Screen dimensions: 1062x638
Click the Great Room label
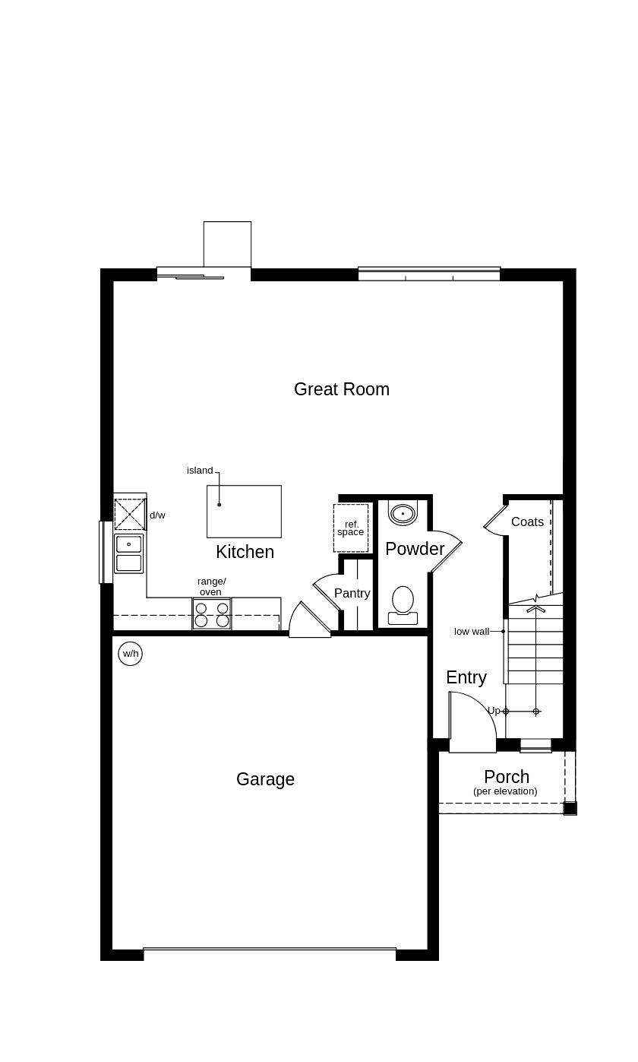coord(341,389)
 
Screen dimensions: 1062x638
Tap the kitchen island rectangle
coord(244,511)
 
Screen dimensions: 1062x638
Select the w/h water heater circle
coord(131,653)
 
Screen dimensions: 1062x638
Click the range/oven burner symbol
coord(212,614)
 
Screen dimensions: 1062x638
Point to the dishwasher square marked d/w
coord(130,515)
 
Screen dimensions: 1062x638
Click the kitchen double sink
coord(129,553)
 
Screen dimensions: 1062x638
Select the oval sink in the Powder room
coord(403,513)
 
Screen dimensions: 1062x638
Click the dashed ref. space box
coord(351,528)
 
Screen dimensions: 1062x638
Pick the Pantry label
coord(352,593)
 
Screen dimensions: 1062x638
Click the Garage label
coord(265,779)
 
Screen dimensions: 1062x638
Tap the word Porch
coord(507,777)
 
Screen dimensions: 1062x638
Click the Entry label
coord(466,677)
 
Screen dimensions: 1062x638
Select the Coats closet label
coord(527,521)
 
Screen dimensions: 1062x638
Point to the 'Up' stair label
coord(494,711)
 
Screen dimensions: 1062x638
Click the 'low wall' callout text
coord(472,631)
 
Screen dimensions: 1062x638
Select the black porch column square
coord(570,808)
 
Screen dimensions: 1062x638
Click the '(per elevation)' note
coord(505,791)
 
